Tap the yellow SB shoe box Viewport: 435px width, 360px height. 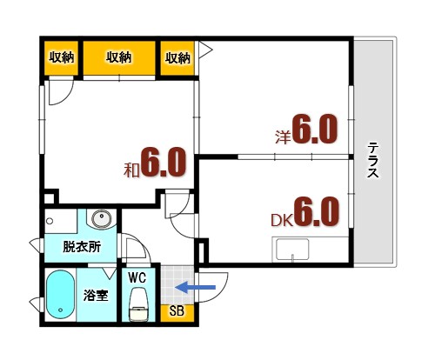[176, 310]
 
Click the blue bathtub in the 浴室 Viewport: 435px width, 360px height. [60, 295]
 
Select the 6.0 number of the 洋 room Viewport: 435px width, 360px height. [314, 130]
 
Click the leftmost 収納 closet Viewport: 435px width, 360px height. [61, 58]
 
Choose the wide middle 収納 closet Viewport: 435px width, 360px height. [118, 58]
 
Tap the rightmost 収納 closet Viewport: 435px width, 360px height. [177, 58]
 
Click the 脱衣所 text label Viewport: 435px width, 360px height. [82, 246]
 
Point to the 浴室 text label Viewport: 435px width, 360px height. [96, 294]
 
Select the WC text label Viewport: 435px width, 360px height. [137, 277]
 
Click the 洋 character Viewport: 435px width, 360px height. [282, 137]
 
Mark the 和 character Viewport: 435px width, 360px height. [131, 169]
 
